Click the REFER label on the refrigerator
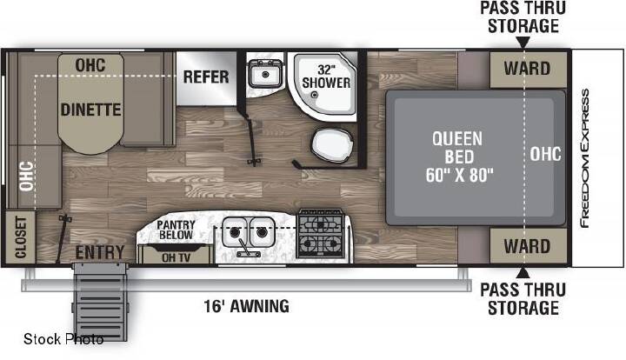(206, 77)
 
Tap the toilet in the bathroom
(332, 145)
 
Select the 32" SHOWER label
(326, 77)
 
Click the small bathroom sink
(265, 73)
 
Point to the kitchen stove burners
(321, 234)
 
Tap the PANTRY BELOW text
(176, 230)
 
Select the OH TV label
(176, 257)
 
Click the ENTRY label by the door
(100, 253)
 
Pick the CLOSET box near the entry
(20, 237)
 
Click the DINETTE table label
(90, 110)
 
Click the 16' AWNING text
(247, 306)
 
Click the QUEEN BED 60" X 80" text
(459, 157)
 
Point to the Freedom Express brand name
(585, 158)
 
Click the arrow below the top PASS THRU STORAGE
(523, 43)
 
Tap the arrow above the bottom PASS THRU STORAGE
(523, 273)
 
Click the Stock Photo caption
(63, 339)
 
